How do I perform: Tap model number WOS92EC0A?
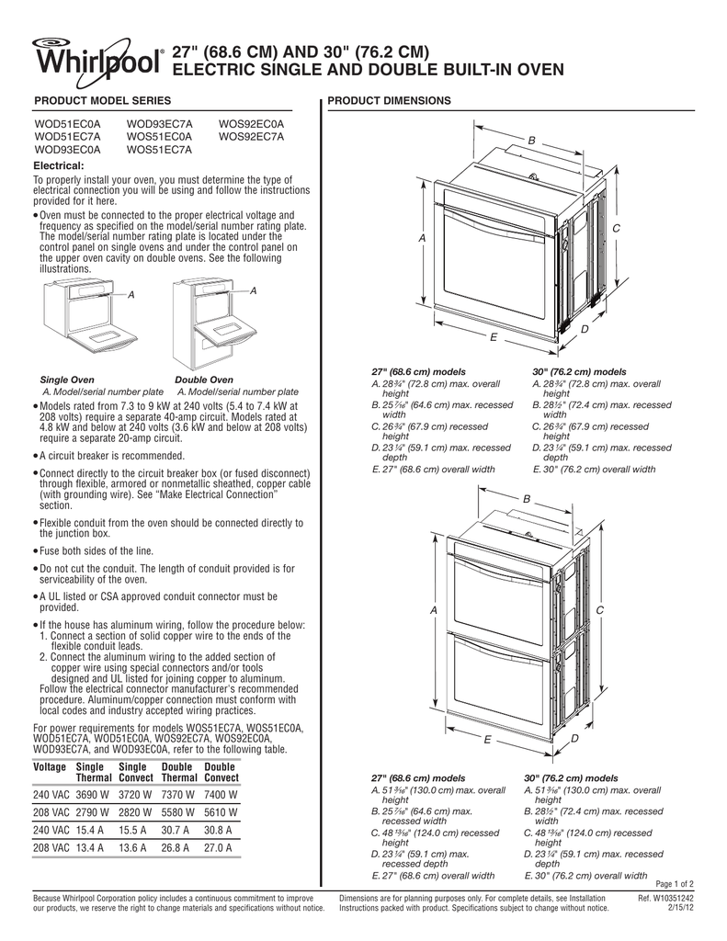tap(251, 122)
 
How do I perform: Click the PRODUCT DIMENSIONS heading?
tap(389, 99)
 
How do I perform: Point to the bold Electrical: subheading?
tap(59, 164)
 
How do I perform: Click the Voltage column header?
tap(50, 766)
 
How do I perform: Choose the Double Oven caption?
tap(203, 380)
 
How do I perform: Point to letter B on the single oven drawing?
tap(530, 138)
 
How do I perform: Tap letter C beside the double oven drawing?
tap(600, 610)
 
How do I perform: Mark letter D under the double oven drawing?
tap(574, 739)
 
